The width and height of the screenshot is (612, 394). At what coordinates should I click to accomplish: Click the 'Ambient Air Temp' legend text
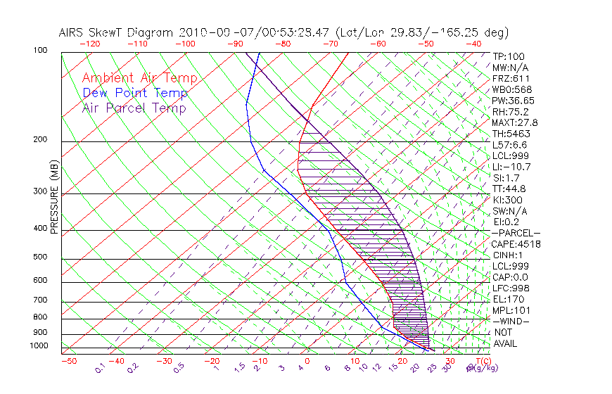139,78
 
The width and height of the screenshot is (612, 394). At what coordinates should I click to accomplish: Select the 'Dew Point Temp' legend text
135,93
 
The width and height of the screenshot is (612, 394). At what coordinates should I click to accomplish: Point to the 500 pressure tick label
39,258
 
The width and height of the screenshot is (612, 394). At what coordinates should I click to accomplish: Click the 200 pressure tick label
39,140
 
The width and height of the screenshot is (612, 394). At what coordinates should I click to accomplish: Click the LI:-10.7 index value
511,167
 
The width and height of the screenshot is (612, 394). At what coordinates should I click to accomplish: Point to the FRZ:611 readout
511,78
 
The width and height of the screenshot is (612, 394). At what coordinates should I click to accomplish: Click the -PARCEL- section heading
516,233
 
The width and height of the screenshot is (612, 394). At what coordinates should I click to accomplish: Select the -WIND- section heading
511,321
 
